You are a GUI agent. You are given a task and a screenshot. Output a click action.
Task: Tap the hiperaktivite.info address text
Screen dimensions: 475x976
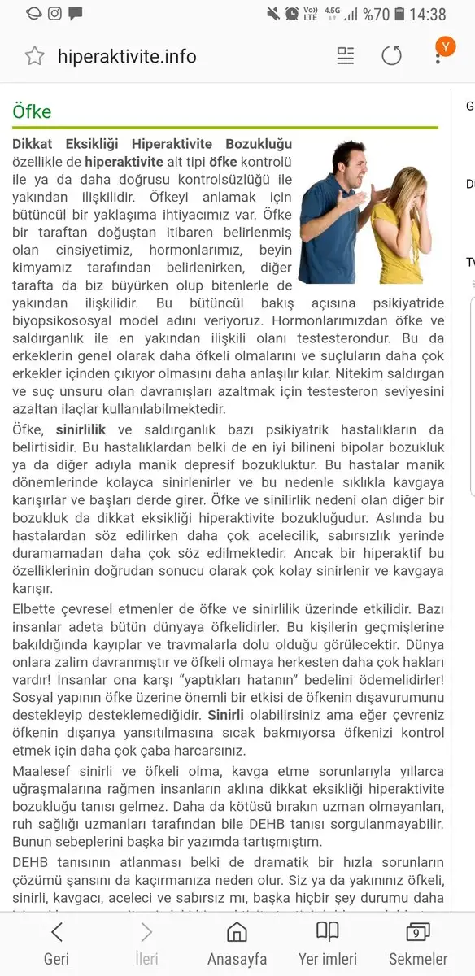tap(127, 56)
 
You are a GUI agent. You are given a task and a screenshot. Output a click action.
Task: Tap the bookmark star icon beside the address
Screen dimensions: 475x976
tap(34, 56)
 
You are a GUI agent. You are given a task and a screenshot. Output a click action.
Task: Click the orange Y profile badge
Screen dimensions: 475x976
tap(445, 47)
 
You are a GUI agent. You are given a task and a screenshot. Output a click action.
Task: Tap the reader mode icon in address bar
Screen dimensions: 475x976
tap(346, 55)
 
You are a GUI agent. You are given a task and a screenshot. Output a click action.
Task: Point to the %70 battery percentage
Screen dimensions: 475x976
tap(377, 14)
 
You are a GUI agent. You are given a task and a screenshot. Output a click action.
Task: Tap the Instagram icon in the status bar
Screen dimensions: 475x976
tap(55, 13)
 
